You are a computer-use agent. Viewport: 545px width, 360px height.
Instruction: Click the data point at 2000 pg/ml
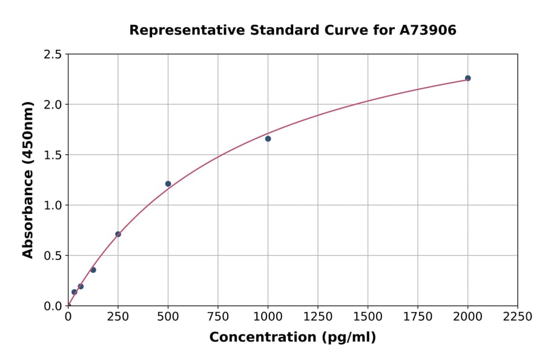(x=467, y=78)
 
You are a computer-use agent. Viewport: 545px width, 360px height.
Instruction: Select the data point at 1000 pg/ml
(x=268, y=139)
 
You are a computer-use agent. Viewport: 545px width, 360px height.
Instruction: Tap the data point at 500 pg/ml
(x=168, y=184)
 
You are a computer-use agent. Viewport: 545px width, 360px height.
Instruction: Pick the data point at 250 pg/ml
(x=118, y=234)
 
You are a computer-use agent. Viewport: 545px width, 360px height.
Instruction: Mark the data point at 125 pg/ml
(x=93, y=270)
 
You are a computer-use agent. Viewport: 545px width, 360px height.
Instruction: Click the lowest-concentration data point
(x=74, y=292)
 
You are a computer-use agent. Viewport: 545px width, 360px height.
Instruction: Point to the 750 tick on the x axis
(x=218, y=316)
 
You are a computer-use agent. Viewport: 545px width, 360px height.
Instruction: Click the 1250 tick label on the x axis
(x=318, y=316)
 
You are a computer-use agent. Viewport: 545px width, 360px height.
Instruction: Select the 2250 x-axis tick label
(x=518, y=316)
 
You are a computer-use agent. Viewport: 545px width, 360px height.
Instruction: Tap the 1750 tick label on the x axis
(x=418, y=316)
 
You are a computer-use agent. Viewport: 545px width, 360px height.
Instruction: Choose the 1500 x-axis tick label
(x=368, y=316)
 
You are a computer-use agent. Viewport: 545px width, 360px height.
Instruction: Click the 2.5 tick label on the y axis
(x=53, y=55)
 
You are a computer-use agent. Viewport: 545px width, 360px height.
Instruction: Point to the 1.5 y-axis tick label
(x=53, y=155)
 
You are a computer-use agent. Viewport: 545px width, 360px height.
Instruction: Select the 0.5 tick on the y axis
(x=53, y=256)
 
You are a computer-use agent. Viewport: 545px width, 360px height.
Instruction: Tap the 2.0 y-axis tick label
(x=53, y=105)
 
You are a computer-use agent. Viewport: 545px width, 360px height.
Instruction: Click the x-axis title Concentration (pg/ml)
(x=292, y=338)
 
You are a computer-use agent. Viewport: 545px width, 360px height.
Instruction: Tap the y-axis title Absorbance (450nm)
(x=28, y=180)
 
